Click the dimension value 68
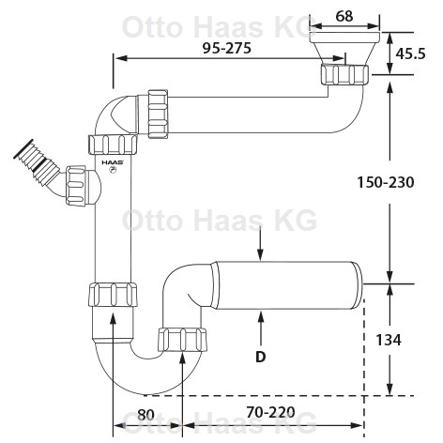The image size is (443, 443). coord(344,16)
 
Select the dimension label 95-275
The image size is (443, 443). coord(227,48)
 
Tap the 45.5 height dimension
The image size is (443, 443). coord(410,53)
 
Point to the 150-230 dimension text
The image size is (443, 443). coord(386,182)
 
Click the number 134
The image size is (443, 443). coord(388,340)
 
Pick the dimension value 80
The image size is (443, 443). coord(145,415)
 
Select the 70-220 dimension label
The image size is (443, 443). coord(270,412)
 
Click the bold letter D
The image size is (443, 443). coord(260,357)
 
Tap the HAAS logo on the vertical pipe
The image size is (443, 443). coord(113,162)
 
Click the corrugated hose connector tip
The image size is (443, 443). coord(23,149)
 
